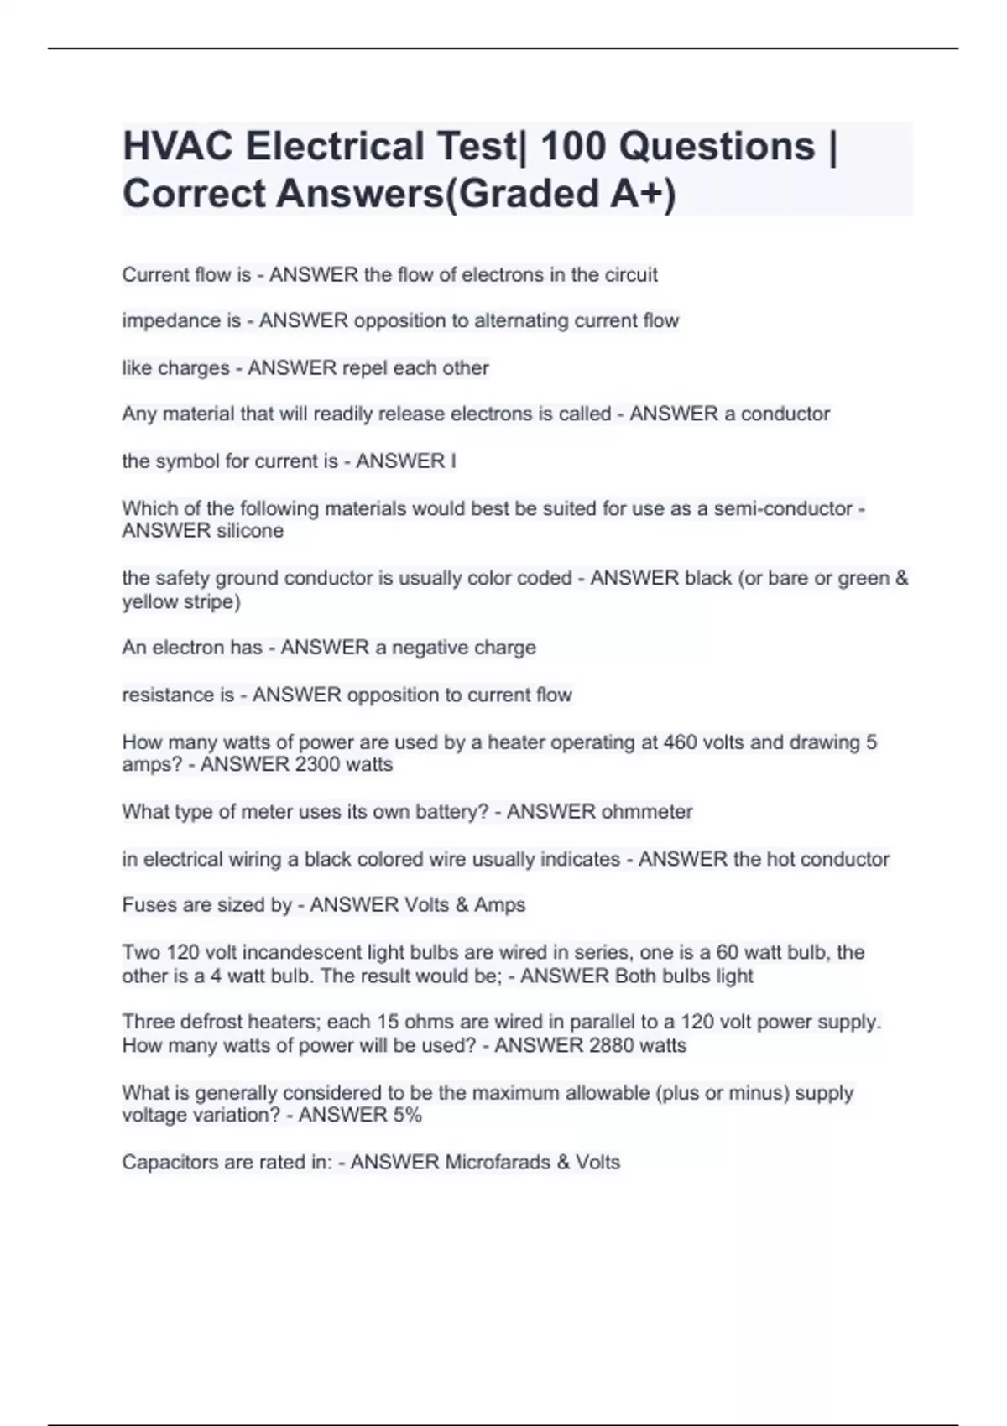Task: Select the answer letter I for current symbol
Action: pos(453,461)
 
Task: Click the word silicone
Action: pos(249,531)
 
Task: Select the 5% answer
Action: pos(406,1115)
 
